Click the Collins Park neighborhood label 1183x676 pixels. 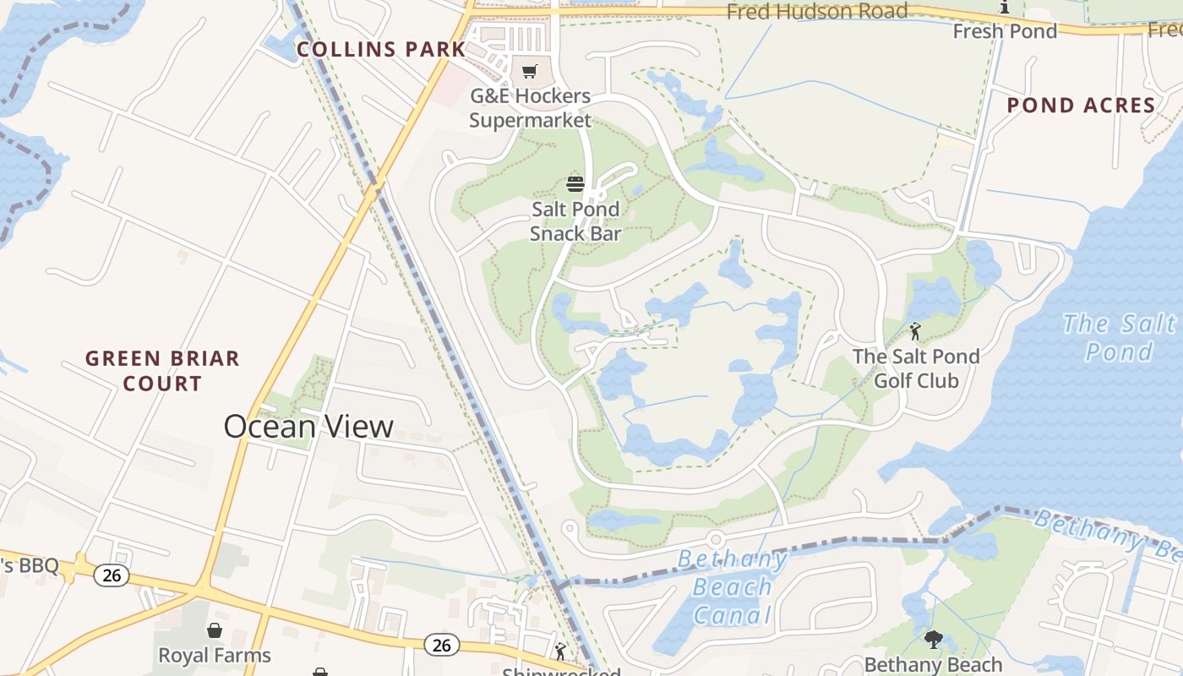pyautogui.click(x=381, y=50)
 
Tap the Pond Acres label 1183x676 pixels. pyautogui.click(x=1081, y=106)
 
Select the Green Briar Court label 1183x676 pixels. pyautogui.click(x=162, y=371)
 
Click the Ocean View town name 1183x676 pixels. pyautogui.click(x=308, y=427)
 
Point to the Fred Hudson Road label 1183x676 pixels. pyautogui.click(x=816, y=12)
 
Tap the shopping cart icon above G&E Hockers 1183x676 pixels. pyautogui.click(x=530, y=72)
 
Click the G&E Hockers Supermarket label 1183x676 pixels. pyautogui.click(x=530, y=108)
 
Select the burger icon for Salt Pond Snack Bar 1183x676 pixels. pyautogui.click(x=575, y=183)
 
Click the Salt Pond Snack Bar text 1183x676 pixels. pyautogui.click(x=575, y=221)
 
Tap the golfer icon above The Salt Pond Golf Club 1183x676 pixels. pyautogui.click(x=915, y=330)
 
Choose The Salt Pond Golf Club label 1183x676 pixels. pyautogui.click(x=916, y=368)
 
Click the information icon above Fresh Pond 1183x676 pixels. pyautogui.click(x=1005, y=8)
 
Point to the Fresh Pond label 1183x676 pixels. pyautogui.click(x=1005, y=31)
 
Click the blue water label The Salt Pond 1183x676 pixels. pyautogui.click(x=1119, y=336)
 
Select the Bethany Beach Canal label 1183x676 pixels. pyautogui.click(x=732, y=586)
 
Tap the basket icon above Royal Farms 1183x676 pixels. pyautogui.click(x=215, y=630)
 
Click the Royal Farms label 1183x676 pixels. pyautogui.click(x=215, y=656)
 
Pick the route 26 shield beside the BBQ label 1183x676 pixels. pyautogui.click(x=111, y=575)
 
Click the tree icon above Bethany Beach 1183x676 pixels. pyautogui.click(x=933, y=640)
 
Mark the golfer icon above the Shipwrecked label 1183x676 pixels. pyautogui.click(x=559, y=651)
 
